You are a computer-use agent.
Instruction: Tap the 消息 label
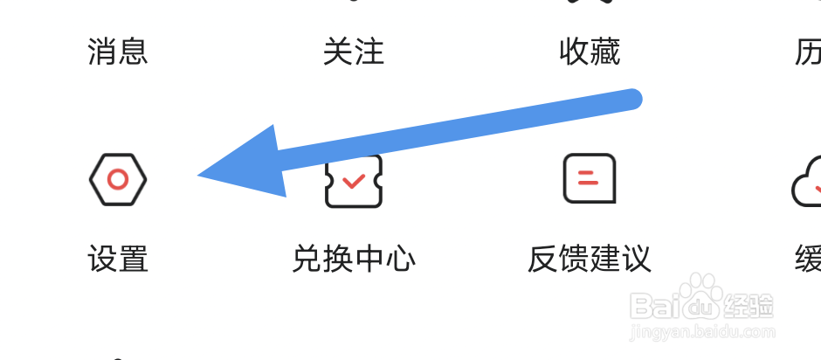(x=118, y=52)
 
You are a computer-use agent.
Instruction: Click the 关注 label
(x=354, y=52)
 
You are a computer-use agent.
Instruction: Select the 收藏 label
(x=590, y=52)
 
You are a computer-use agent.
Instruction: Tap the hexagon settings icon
(x=118, y=179)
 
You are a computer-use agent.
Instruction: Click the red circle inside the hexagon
(x=118, y=179)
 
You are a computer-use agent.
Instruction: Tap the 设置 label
(x=118, y=260)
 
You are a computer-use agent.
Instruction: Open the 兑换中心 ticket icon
(x=354, y=181)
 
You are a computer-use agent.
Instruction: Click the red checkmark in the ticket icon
(x=354, y=181)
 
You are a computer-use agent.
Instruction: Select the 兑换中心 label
(x=354, y=260)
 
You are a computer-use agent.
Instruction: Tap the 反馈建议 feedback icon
(x=590, y=179)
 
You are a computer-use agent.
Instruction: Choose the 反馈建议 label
(x=590, y=260)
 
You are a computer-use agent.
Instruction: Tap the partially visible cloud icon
(x=807, y=182)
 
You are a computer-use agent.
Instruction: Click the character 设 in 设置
(x=103, y=260)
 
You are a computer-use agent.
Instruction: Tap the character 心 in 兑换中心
(x=400, y=260)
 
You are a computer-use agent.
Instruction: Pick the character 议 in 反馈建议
(x=636, y=260)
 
